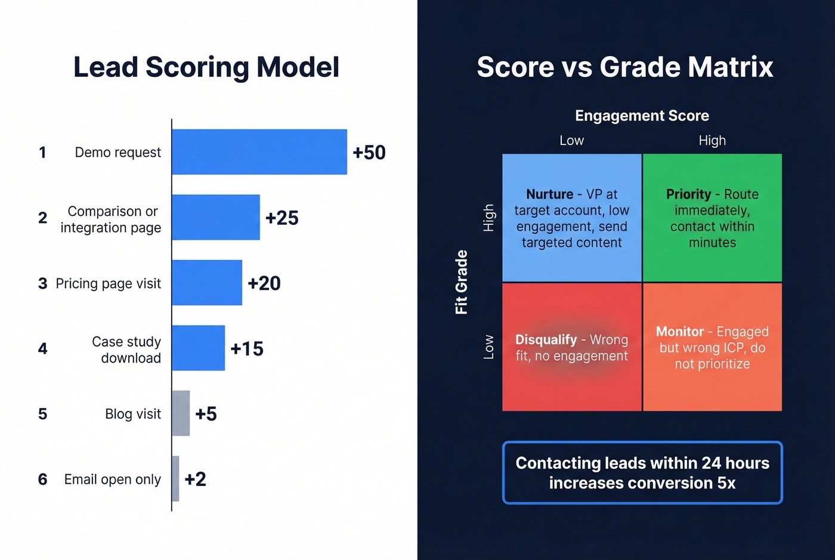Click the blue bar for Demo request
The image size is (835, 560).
[259, 152]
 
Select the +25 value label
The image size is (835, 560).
[282, 218]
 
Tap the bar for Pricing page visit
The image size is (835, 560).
[207, 283]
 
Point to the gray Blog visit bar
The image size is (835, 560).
[181, 413]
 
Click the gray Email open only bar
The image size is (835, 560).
[175, 479]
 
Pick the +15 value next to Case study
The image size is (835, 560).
[247, 348]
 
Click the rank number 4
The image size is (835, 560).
[42, 348]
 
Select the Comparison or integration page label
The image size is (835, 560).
[111, 219]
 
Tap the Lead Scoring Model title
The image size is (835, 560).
[206, 67]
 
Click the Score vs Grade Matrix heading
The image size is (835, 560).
[624, 67]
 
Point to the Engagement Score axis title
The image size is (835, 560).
[642, 116]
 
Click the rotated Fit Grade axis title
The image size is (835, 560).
[461, 282]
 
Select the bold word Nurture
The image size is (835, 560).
[549, 194]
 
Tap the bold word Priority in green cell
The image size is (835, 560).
[688, 194]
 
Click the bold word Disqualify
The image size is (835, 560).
[546, 339]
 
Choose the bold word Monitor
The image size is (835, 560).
[679, 332]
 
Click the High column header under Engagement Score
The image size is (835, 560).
[712, 141]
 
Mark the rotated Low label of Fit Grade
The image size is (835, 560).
[488, 347]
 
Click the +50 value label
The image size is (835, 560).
[369, 152]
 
